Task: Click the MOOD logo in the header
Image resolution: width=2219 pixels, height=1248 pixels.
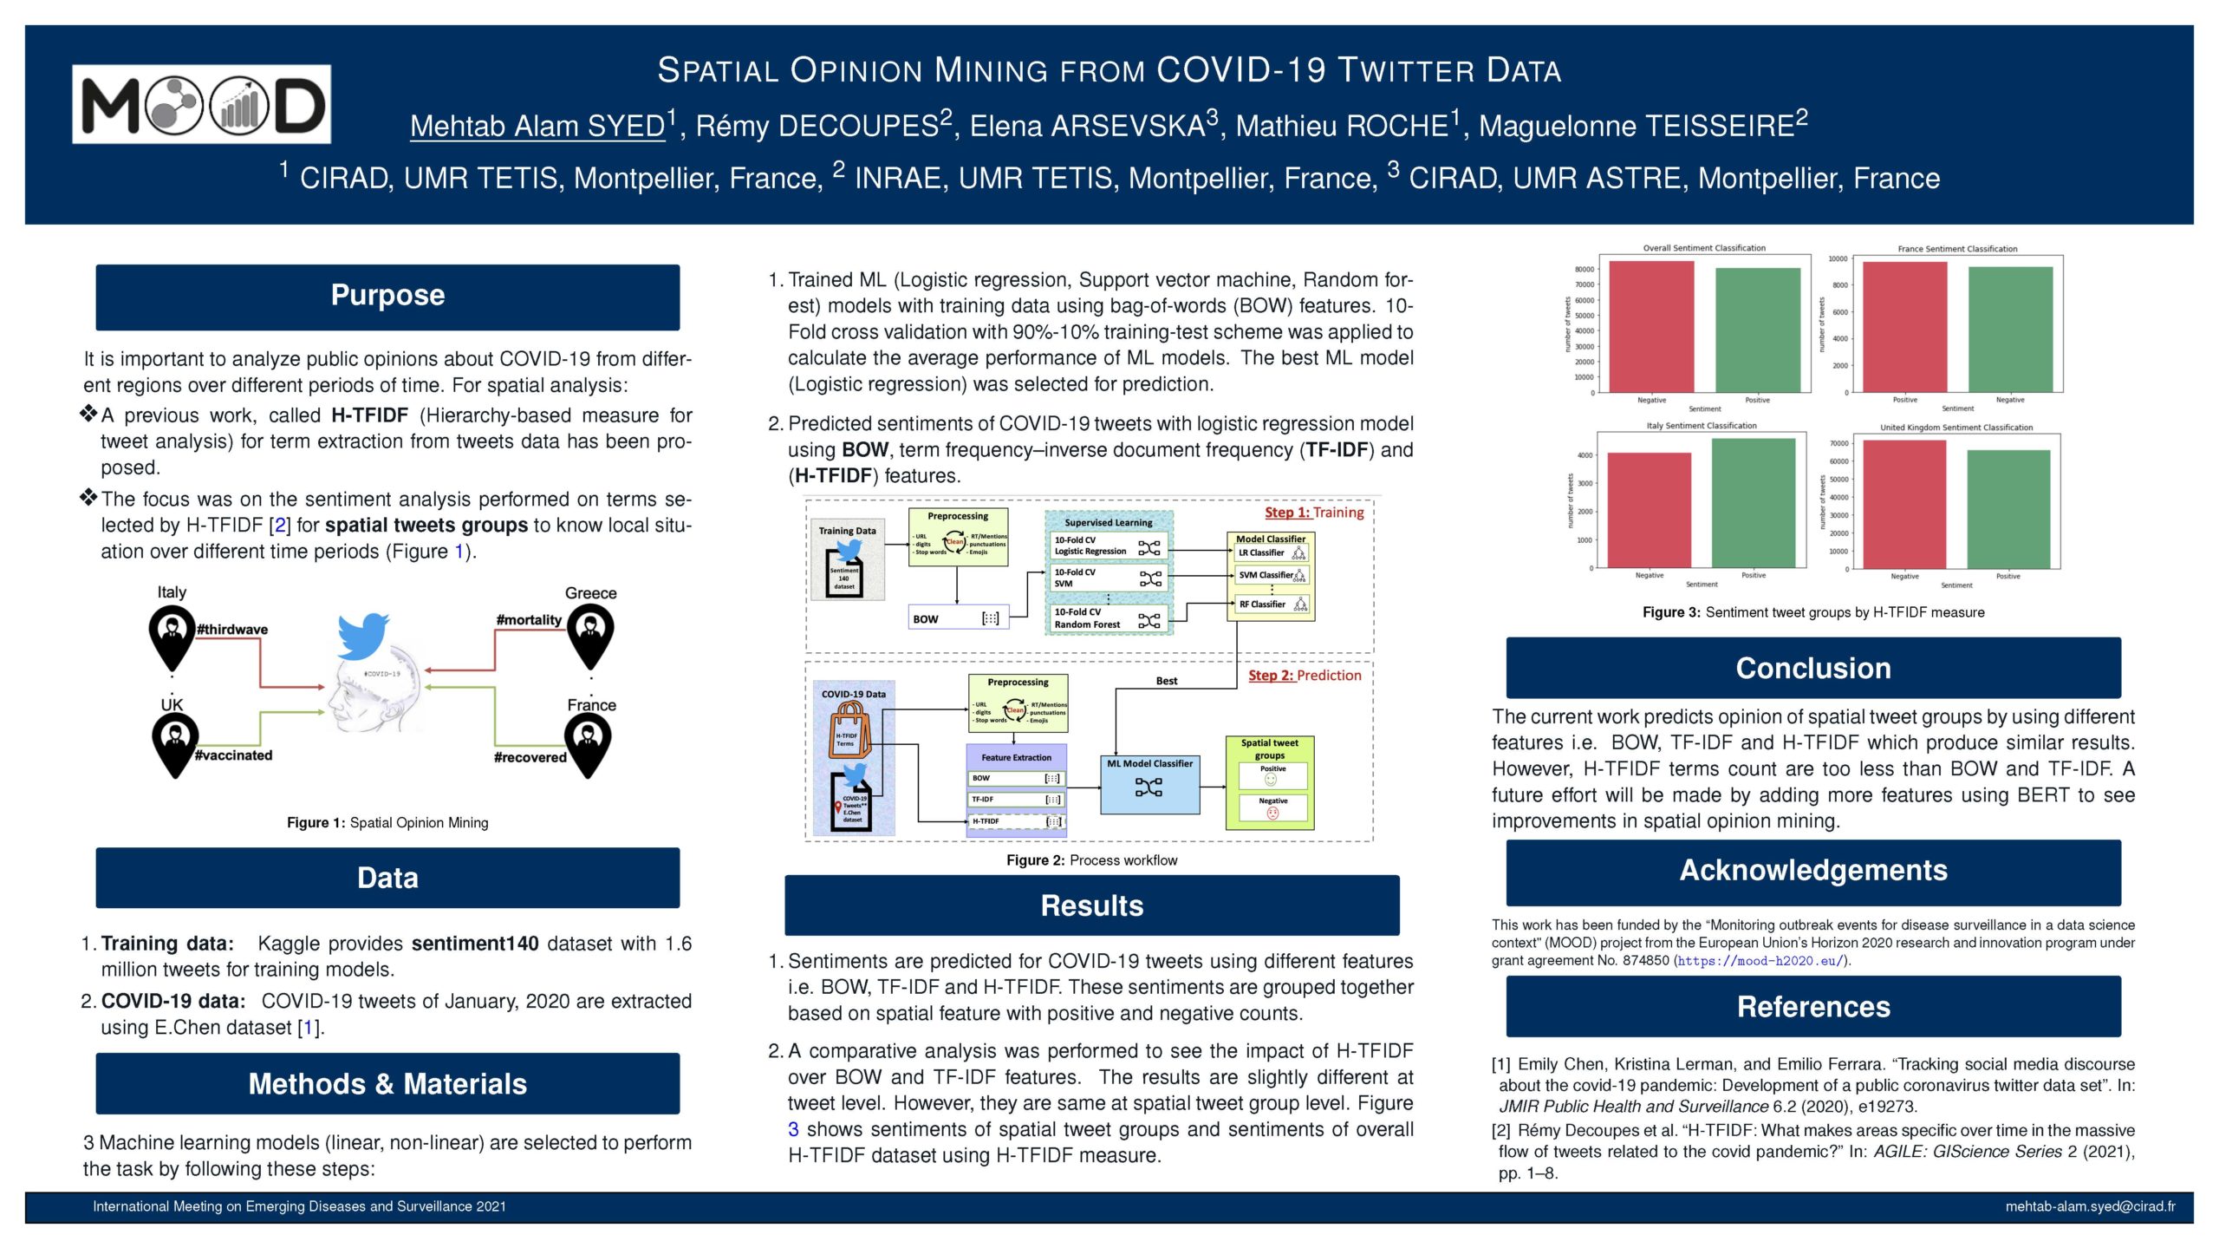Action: tap(201, 104)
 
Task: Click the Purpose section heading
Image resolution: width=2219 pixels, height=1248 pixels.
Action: tap(387, 296)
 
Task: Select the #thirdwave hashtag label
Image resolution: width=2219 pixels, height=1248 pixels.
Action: tap(232, 630)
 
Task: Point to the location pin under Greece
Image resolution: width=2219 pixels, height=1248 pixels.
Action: tap(590, 637)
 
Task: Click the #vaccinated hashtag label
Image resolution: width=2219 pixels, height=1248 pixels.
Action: tap(233, 755)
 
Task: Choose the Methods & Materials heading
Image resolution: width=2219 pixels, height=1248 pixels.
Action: tap(387, 1084)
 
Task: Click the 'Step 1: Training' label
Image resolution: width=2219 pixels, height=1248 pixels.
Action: tap(1313, 513)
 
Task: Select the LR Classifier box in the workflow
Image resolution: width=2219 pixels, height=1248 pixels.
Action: tap(1271, 552)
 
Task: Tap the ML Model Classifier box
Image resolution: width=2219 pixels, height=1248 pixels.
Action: tap(1149, 783)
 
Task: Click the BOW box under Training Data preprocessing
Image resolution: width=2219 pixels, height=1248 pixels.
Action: tap(958, 618)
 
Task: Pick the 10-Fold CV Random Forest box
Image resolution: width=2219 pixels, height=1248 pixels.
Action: tap(1107, 618)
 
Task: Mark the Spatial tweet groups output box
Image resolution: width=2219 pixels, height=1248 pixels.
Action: tap(1270, 782)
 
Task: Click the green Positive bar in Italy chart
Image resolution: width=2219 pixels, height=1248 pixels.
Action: tap(1754, 503)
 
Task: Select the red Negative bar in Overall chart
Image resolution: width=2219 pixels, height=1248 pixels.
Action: tap(1651, 326)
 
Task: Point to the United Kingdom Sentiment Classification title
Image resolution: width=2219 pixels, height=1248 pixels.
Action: tap(1956, 428)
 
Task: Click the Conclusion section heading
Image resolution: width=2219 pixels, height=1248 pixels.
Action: tap(1813, 669)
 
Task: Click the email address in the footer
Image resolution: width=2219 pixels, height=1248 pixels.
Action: tap(2090, 1206)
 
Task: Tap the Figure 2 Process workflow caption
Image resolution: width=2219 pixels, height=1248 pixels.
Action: tap(1091, 860)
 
